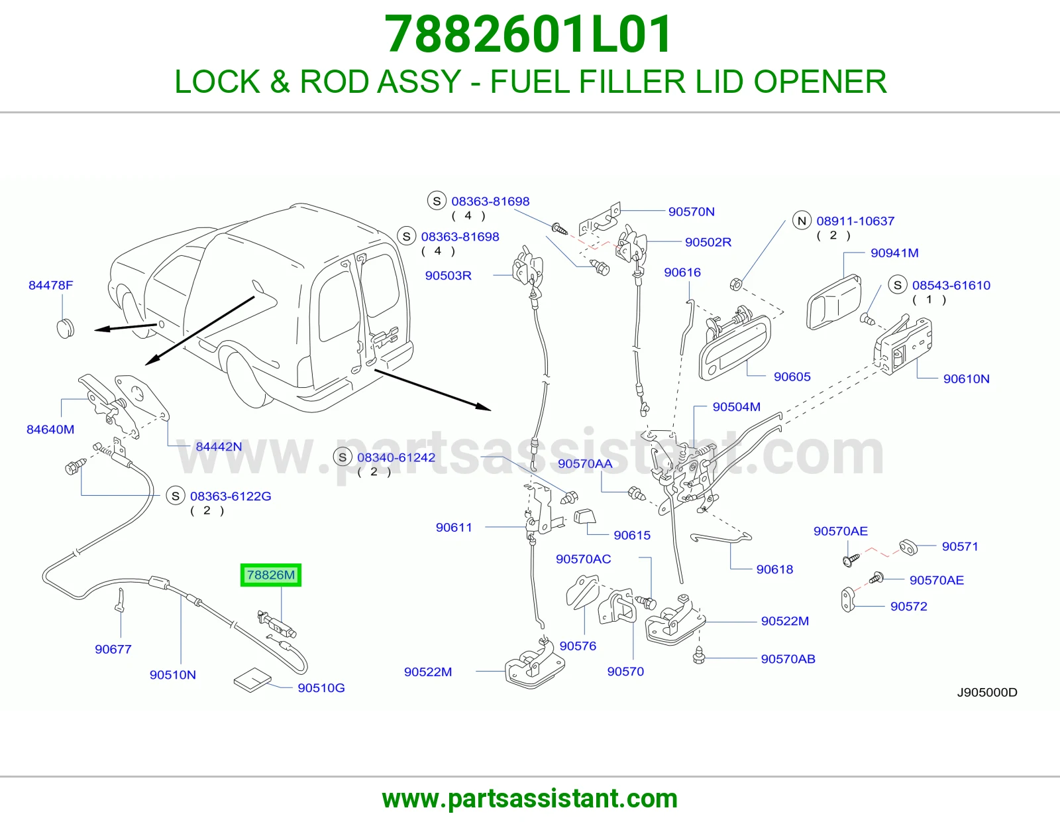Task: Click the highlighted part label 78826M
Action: click(x=271, y=575)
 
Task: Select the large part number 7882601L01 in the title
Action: click(x=529, y=34)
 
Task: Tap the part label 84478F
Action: click(x=51, y=285)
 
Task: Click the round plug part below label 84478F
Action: click(x=66, y=328)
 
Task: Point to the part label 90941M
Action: click(x=894, y=253)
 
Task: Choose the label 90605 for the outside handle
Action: click(x=792, y=377)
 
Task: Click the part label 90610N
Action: click(x=966, y=379)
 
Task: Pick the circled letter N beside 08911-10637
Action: click(x=802, y=221)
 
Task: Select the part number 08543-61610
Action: click(x=951, y=286)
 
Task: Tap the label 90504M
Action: click(x=736, y=407)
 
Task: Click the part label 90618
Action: click(x=774, y=569)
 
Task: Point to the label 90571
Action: click(x=960, y=546)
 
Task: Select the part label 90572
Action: click(x=908, y=607)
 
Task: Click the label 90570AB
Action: click(x=788, y=659)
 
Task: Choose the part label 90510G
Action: click(x=321, y=688)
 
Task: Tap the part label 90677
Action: click(x=113, y=649)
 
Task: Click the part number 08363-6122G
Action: click(x=231, y=497)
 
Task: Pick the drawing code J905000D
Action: click(x=987, y=693)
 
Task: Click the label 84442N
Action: click(x=219, y=447)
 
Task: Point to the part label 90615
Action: click(x=632, y=536)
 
